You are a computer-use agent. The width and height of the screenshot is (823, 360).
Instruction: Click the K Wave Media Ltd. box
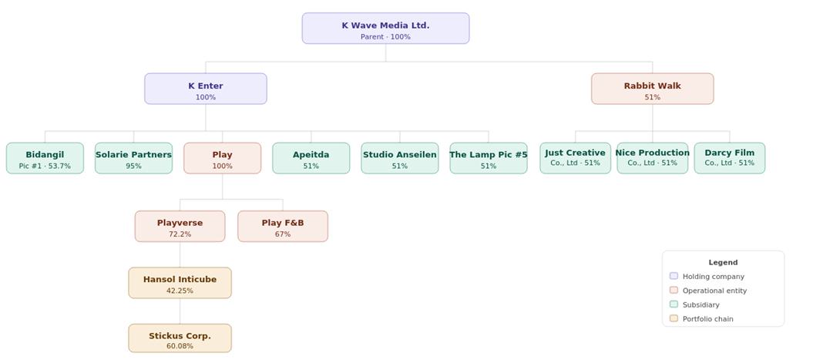point(385,29)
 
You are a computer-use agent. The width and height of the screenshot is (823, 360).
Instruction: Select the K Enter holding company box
point(206,89)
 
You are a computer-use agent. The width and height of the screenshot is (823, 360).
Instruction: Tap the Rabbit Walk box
point(653,89)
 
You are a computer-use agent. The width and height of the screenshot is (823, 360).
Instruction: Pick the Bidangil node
point(45,158)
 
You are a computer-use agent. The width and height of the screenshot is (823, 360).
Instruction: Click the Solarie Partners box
point(133,158)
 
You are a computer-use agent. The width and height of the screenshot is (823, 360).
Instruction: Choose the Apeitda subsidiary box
point(311,158)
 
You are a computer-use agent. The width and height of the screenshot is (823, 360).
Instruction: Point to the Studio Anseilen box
point(399,158)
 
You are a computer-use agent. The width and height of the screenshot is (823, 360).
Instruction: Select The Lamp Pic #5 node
point(488,158)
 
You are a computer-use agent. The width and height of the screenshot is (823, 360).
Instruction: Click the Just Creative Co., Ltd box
point(576,158)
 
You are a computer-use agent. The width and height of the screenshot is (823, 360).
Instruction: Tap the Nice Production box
point(653,158)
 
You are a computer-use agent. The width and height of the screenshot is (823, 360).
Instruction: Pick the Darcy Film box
point(730,158)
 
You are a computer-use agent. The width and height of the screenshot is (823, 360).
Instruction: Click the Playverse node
point(180,226)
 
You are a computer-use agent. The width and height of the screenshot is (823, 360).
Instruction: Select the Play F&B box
point(283,226)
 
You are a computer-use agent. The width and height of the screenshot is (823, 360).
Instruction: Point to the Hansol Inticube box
point(180,283)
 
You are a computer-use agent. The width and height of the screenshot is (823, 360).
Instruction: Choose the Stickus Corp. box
point(180,338)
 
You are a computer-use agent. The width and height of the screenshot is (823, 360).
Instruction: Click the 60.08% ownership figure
point(180,346)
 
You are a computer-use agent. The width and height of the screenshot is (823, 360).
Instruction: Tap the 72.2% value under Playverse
point(180,234)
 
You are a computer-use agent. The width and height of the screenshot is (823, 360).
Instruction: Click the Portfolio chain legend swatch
point(674,318)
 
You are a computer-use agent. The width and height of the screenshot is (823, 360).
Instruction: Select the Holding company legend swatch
point(674,276)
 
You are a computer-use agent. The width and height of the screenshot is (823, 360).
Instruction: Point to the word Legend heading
point(724,262)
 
